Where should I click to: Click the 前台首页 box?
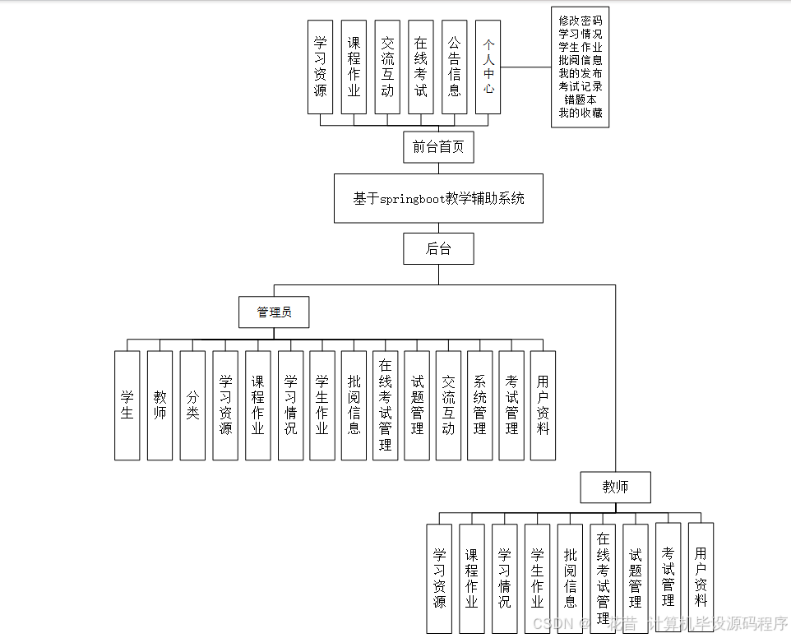point(438,147)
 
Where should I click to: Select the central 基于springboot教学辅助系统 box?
point(438,198)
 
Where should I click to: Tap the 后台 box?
point(438,248)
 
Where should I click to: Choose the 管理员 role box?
point(274,312)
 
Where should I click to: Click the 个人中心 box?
point(488,67)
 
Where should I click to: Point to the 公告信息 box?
point(455,67)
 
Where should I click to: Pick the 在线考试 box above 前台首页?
point(421,67)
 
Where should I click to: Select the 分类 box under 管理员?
point(192,405)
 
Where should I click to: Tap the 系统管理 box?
point(480,405)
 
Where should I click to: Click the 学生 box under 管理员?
point(127,405)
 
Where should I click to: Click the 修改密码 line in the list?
point(581,21)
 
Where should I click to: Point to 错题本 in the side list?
point(581,99)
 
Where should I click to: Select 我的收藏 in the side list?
point(581,113)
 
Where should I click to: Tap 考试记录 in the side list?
point(581,86)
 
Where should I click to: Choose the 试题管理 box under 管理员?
point(417,405)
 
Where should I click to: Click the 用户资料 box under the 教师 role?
point(701,577)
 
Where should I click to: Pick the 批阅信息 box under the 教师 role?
point(570,577)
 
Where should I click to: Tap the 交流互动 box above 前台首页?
point(387,67)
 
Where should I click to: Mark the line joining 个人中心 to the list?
point(526,67)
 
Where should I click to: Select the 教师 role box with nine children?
point(615,488)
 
